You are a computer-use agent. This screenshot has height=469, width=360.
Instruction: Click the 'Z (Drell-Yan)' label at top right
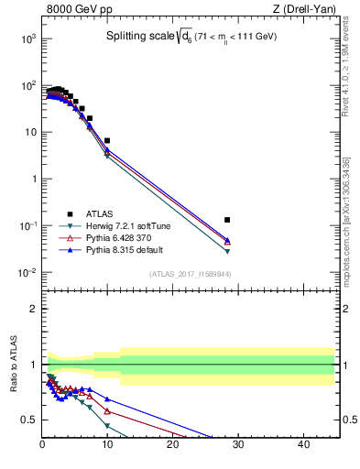(304, 10)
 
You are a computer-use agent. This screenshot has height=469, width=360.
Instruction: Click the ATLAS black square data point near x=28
(227, 220)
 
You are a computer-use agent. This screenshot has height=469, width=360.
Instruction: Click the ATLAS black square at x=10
(107, 140)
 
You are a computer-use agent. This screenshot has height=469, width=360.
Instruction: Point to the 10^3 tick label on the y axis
(27, 38)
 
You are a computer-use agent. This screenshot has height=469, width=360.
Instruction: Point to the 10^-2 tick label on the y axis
(27, 273)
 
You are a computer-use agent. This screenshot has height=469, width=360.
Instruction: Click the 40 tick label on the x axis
(304, 446)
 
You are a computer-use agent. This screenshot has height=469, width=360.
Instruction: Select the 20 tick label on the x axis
(173, 446)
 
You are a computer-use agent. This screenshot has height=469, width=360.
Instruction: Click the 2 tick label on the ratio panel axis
(33, 309)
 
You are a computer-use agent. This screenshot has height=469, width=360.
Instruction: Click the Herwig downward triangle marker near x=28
(227, 251)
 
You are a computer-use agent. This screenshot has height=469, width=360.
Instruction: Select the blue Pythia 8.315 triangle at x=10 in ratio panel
(107, 399)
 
